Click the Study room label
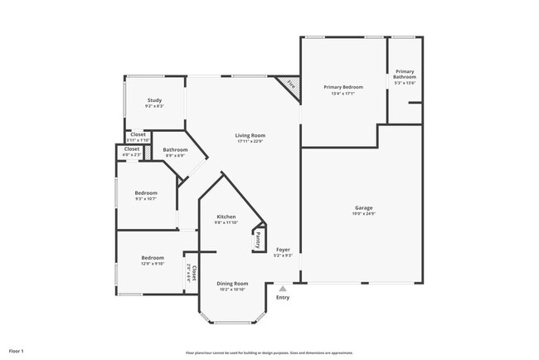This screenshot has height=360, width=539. [x=154, y=100]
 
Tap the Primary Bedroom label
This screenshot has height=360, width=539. [x=342, y=86]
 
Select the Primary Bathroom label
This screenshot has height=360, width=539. [x=405, y=74]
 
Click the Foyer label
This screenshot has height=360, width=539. [x=283, y=249]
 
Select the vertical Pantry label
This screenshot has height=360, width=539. [x=258, y=240]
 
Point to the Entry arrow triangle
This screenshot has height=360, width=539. [x=283, y=289]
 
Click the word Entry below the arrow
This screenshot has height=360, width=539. [x=283, y=297]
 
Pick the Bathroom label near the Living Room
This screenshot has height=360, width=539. [x=176, y=149]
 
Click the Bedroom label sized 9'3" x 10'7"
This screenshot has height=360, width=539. [x=146, y=192]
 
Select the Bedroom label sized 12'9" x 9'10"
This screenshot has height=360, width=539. [x=152, y=257]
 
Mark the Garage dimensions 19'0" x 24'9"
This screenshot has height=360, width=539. [x=363, y=213]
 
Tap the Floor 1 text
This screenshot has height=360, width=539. [x=17, y=352]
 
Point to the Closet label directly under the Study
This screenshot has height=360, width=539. [x=138, y=134]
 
